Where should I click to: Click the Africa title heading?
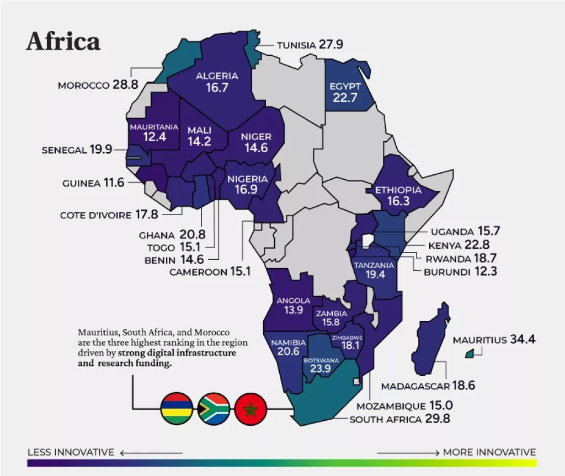pyautogui.click(x=63, y=42)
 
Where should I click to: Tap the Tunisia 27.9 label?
pyautogui.click(x=310, y=44)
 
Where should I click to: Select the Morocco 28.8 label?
pyautogui.click(x=98, y=85)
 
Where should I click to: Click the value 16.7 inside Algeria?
pyautogui.click(x=217, y=88)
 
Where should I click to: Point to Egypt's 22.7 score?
pyautogui.click(x=345, y=98)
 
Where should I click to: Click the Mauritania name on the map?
pyautogui.click(x=154, y=127)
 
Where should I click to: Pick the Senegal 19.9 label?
pyautogui.click(x=77, y=149)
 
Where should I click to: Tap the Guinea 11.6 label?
pyautogui.click(x=93, y=183)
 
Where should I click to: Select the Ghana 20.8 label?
pyautogui.click(x=172, y=235)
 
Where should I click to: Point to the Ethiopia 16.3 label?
pyautogui.click(x=398, y=196)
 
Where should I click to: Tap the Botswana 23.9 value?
pyautogui.click(x=320, y=369)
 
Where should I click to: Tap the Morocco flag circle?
pyautogui.click(x=251, y=409)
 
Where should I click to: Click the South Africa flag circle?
pyautogui.click(x=214, y=409)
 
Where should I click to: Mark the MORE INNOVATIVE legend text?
pyautogui.click(x=489, y=452)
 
